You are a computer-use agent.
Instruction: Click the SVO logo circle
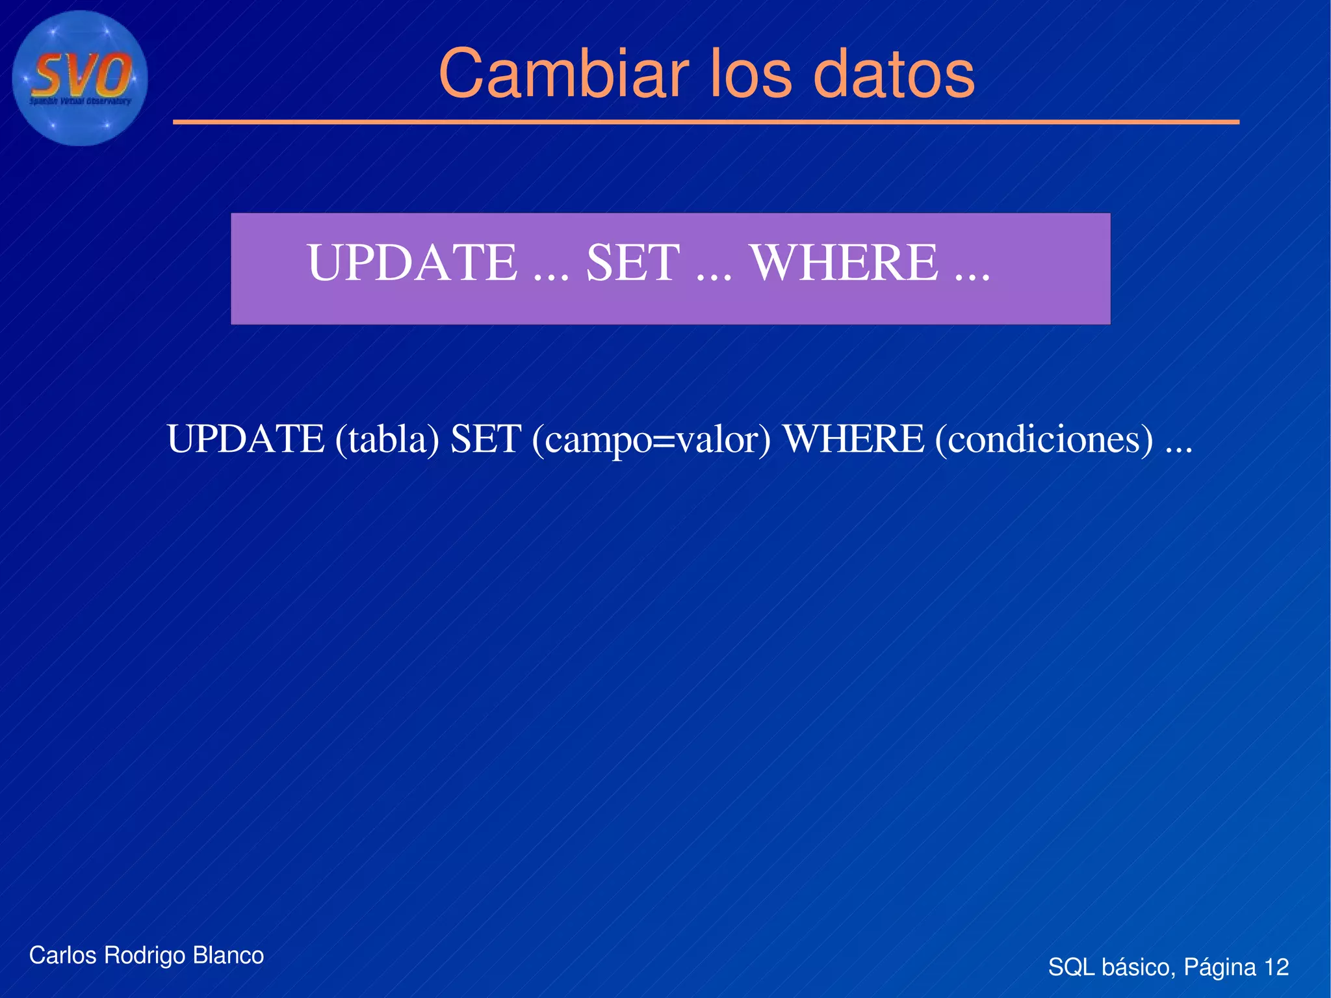pos(79,78)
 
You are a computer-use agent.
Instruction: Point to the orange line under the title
pos(706,122)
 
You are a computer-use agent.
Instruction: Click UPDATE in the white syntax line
pos(246,439)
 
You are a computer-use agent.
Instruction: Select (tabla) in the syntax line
pos(387,440)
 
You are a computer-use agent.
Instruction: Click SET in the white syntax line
pos(485,439)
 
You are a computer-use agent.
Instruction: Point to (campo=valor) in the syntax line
pos(651,440)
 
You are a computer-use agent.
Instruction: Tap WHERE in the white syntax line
pos(853,439)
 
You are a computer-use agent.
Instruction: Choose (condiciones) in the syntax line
pos(1044,440)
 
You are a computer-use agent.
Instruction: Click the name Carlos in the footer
pos(62,955)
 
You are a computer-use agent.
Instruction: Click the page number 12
pos(1276,967)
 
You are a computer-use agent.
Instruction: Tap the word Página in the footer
pos(1219,967)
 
